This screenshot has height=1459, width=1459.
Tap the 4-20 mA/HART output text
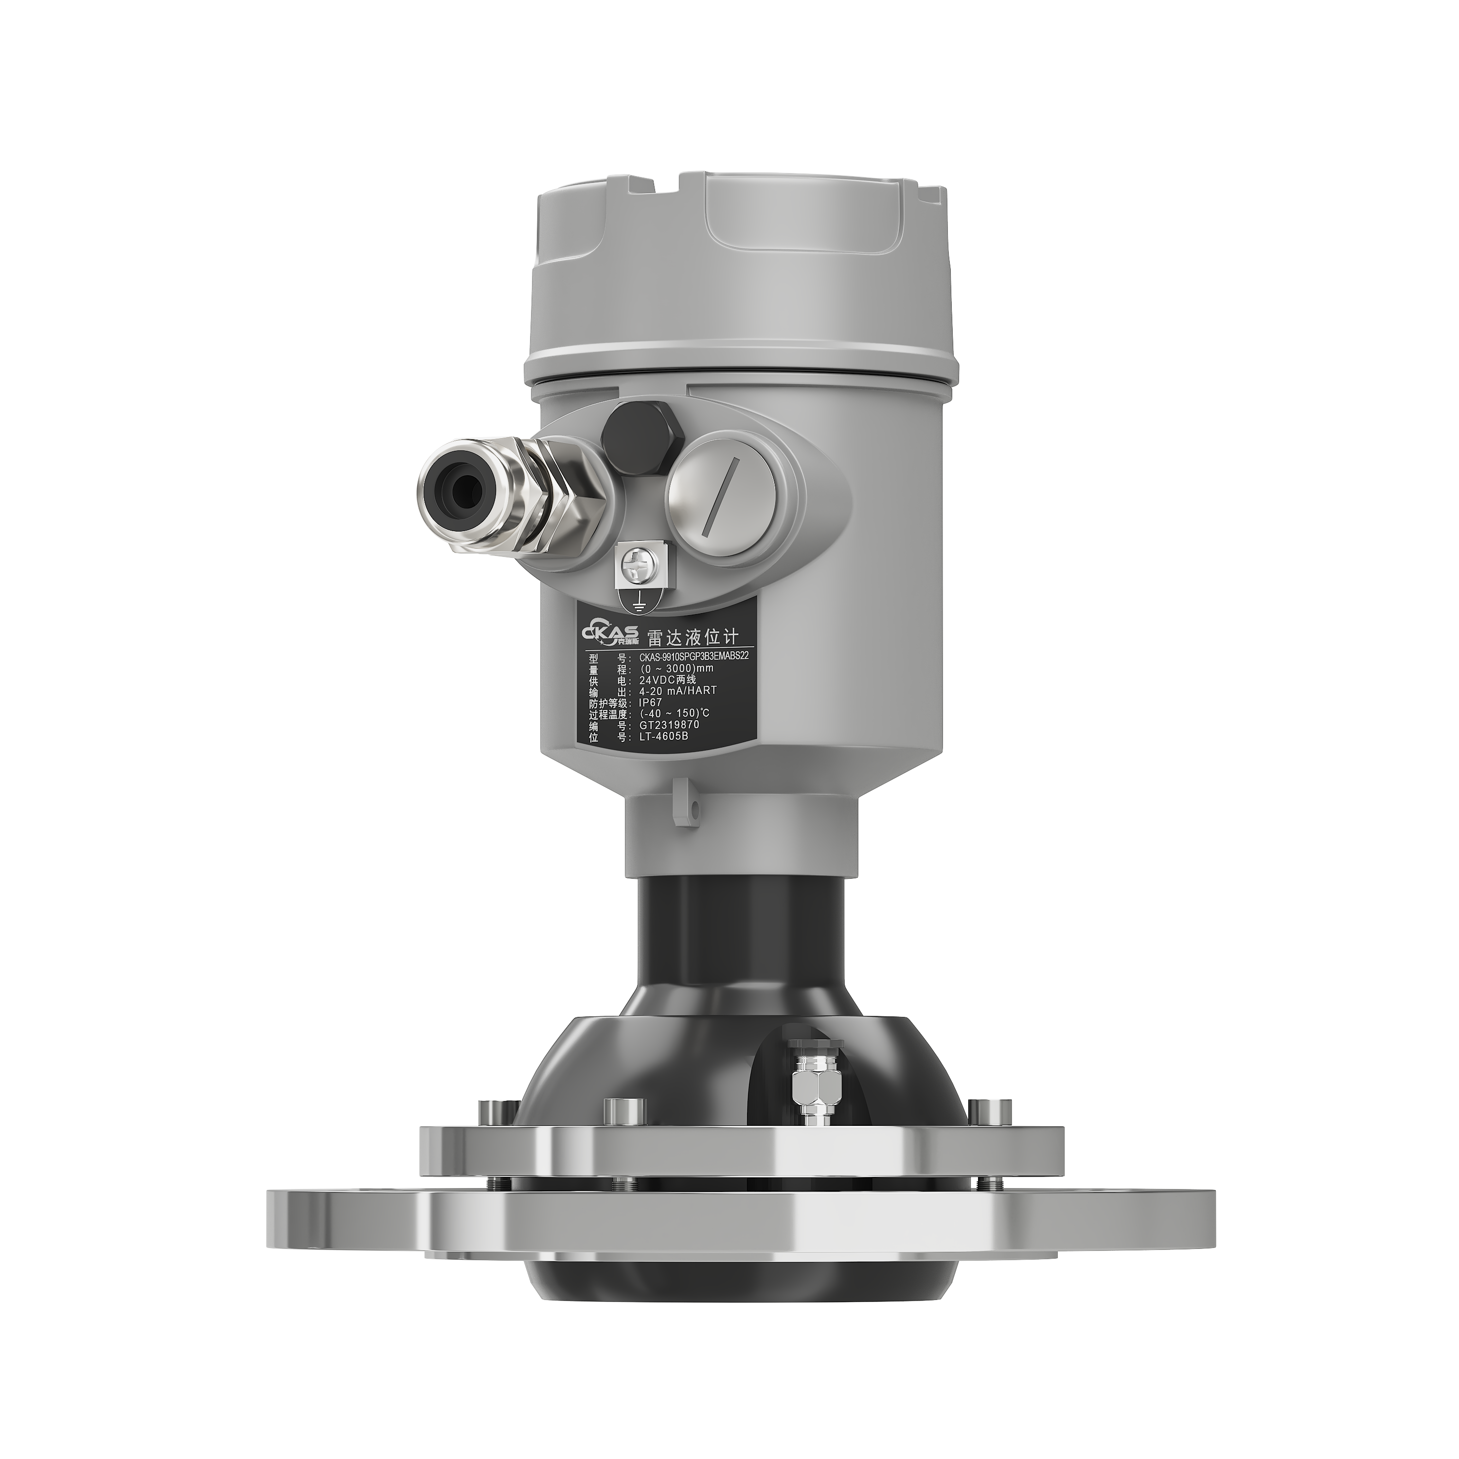(x=677, y=690)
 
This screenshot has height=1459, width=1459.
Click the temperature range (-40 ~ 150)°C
(x=675, y=713)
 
